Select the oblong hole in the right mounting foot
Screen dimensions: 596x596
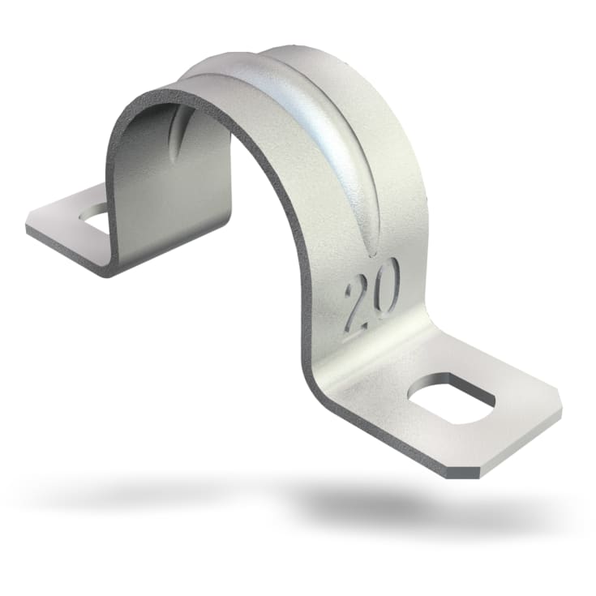click(x=451, y=397)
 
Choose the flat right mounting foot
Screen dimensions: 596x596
click(x=470, y=414)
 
